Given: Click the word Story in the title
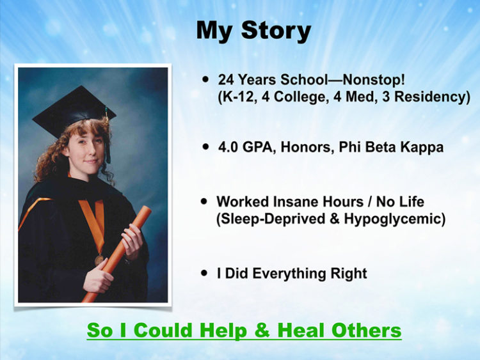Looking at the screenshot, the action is pyautogui.click(x=276, y=31).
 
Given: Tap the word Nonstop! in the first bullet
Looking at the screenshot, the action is pyautogui.click(x=374, y=79).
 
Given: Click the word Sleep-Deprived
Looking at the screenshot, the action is pyautogui.click(x=273, y=219).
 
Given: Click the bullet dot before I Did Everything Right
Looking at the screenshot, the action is pyautogui.click(x=204, y=273).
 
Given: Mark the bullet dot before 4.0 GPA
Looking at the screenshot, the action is pyautogui.click(x=205, y=147).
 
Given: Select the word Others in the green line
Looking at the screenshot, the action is pyautogui.click(x=367, y=331).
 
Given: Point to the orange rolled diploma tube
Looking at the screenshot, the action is pyautogui.click(x=117, y=254).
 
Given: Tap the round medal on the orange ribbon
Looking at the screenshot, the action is pyautogui.click(x=99, y=260).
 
